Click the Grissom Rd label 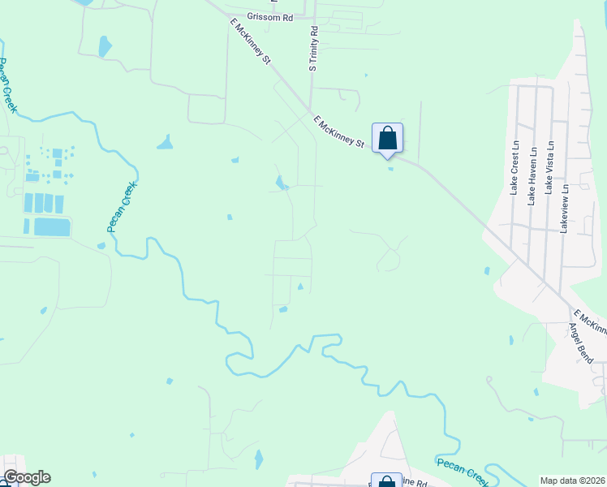click(271, 16)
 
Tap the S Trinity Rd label click(313, 49)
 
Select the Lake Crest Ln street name click(514, 166)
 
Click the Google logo click(27, 477)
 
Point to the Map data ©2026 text click(572, 481)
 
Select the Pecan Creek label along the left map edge click(9, 88)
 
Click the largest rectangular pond click(52, 226)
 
